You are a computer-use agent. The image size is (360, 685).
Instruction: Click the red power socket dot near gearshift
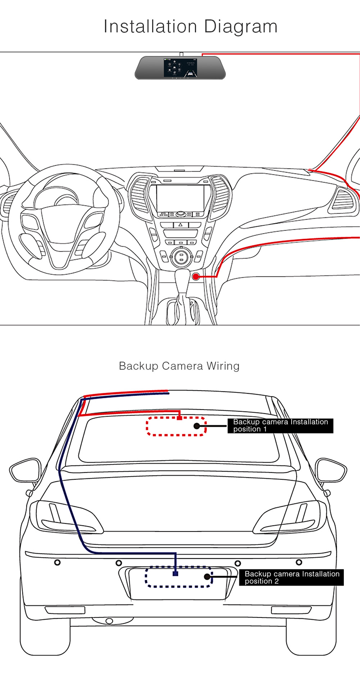197,276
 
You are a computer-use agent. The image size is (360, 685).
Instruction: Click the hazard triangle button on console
180,224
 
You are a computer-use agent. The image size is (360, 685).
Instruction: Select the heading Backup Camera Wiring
179,366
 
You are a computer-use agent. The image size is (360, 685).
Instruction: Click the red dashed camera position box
176,426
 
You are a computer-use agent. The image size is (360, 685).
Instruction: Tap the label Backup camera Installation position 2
292,577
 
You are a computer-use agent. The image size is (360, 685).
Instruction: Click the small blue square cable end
175,573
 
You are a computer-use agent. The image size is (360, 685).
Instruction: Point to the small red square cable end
180,418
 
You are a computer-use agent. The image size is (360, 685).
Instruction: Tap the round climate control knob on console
180,258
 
